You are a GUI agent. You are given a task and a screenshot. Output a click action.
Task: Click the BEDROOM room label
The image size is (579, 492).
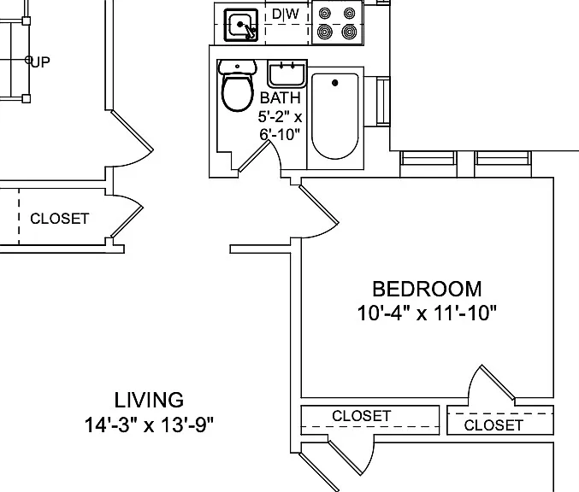427,289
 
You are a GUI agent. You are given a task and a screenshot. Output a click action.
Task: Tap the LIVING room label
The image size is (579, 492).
149,400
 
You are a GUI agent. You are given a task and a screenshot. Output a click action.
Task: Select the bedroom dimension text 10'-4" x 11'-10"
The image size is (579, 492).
427,313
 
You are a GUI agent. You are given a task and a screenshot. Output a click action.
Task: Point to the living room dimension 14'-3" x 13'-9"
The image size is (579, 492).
149,425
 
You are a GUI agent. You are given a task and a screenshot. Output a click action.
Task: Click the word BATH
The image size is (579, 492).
281,98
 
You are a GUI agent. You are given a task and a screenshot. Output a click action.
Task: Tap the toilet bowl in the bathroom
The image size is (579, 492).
238,92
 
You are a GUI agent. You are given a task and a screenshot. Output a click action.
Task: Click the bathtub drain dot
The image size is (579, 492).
335,83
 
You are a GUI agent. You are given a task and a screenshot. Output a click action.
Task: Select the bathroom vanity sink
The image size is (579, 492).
287,73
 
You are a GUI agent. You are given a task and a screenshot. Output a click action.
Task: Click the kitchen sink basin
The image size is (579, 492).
241,25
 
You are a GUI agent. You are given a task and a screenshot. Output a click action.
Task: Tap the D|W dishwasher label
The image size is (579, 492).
286,14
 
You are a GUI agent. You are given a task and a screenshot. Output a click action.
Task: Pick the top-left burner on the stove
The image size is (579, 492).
324,14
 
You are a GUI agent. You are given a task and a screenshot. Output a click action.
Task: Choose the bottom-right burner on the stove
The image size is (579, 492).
349,32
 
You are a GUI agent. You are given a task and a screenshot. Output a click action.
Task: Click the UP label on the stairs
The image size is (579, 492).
40,62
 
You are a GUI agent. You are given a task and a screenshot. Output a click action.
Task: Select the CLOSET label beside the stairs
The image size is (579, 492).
60,219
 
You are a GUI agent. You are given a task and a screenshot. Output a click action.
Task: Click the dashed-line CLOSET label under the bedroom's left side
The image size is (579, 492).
361,416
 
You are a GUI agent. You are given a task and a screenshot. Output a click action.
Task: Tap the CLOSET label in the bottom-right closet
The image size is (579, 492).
493,425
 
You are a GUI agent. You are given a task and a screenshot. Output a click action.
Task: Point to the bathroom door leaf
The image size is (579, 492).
255,156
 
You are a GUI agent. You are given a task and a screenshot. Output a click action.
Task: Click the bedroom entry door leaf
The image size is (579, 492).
319,204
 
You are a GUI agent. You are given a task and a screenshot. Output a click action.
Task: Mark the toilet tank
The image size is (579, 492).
238,67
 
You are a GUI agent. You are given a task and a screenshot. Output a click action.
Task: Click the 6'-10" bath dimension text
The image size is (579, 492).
280,135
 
